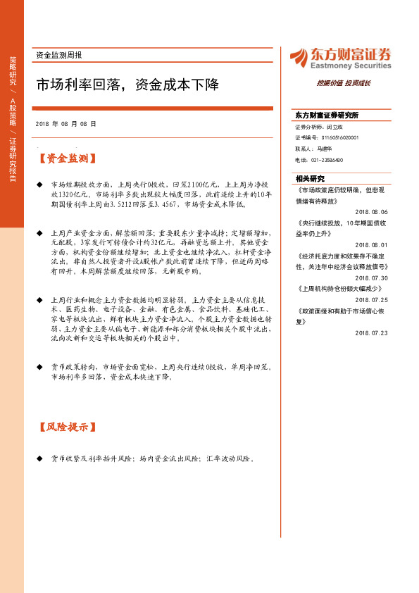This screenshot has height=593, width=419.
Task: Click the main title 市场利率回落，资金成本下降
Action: pyautogui.click(x=127, y=86)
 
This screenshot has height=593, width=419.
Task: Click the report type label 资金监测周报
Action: pyautogui.click(x=58, y=55)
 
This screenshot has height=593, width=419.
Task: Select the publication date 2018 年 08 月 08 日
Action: pyautogui.click(x=65, y=123)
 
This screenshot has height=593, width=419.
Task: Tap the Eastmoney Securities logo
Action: pyautogui.click(x=340, y=58)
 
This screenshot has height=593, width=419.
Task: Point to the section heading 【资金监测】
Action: pyautogui.click(x=68, y=158)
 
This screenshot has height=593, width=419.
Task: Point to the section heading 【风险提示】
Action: pyautogui.click(x=68, y=427)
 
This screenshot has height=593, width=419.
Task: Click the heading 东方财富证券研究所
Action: pyautogui.click(x=327, y=115)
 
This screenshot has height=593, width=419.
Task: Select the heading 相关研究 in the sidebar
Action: pyautogui.click(x=310, y=179)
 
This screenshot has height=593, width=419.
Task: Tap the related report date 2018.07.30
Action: pyautogui.click(x=371, y=277)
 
